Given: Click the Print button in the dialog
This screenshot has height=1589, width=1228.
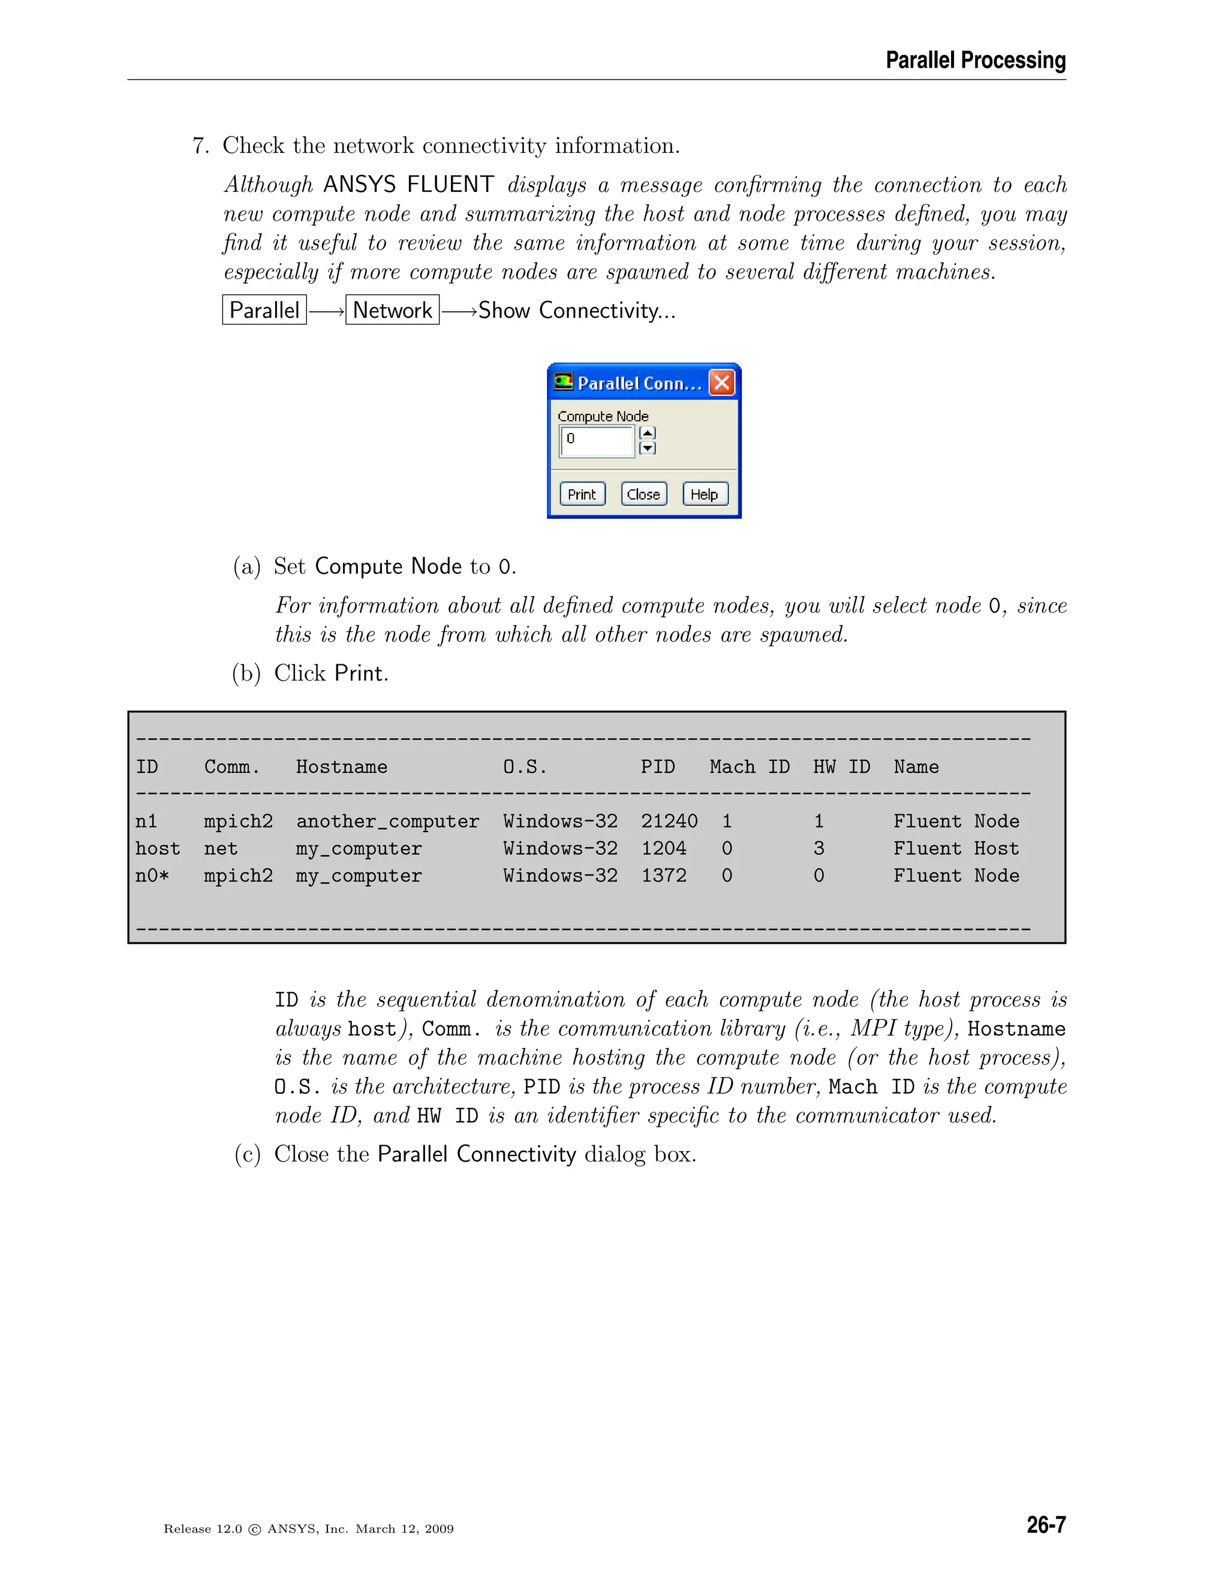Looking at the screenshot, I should [582, 494].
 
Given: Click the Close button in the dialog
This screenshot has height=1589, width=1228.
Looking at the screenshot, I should [643, 494].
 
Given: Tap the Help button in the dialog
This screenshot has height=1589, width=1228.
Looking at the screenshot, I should [704, 494].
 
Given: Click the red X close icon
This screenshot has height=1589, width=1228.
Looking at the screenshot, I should [722, 383].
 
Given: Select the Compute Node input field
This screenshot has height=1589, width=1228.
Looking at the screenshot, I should [597, 440].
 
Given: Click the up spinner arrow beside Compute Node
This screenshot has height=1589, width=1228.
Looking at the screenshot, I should [647, 433].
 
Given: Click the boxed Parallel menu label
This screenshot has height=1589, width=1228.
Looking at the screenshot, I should [264, 310].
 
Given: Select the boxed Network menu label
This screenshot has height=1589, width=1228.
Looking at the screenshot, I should [392, 310].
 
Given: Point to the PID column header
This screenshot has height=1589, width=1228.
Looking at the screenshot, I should [657, 767].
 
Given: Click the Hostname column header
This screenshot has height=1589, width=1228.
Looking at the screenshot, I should [341, 767].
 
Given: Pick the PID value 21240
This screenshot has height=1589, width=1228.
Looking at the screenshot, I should [669, 821].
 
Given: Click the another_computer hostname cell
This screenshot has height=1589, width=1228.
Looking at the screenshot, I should [387, 821].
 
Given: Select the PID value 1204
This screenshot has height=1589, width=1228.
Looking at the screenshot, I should [664, 848].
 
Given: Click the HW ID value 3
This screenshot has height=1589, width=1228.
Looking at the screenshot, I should [818, 848].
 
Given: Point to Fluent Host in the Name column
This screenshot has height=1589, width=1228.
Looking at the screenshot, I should [956, 848].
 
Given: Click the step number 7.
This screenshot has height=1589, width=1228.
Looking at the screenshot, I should [200, 146].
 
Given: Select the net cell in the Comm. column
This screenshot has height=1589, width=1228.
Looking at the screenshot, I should [221, 848].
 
